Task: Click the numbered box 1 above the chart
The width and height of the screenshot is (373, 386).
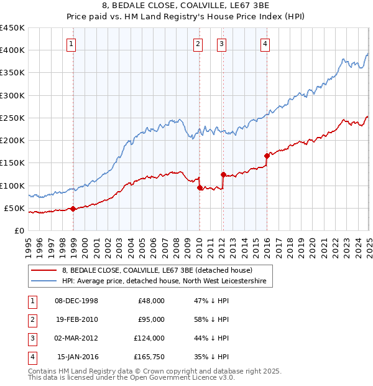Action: click(x=73, y=44)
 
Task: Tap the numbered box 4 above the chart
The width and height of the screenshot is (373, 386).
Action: click(x=265, y=44)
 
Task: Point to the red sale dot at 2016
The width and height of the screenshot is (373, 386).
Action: click(x=267, y=156)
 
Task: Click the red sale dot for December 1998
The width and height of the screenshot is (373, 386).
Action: click(x=73, y=209)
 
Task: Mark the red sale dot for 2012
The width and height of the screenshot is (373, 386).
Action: click(x=223, y=174)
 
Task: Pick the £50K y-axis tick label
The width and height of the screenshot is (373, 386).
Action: click(x=14, y=208)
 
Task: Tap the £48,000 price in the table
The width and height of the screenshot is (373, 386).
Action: click(x=151, y=301)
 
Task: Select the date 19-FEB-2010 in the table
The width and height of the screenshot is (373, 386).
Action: click(x=76, y=319)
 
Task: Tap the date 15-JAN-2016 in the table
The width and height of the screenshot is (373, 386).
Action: click(x=77, y=357)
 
